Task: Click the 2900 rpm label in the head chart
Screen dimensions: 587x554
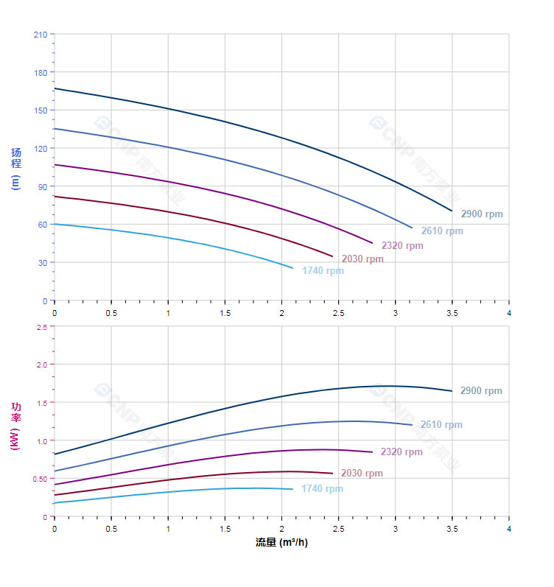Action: coord(482,214)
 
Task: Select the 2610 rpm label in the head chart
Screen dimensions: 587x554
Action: coord(442,231)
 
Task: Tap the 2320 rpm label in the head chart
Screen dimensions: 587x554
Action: coord(402,246)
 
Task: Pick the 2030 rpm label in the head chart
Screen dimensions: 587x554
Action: coord(362,259)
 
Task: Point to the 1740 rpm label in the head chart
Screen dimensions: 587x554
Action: coord(323,271)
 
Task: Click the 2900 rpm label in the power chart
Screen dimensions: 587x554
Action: coord(481,391)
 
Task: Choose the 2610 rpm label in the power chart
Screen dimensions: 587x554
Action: coord(441,425)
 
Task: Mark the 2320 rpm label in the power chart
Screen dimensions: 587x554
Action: coord(402,452)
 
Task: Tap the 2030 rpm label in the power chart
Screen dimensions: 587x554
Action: coord(362,474)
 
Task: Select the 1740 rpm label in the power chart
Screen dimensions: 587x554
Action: coord(322,489)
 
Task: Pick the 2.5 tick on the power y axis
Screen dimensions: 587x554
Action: coord(41,326)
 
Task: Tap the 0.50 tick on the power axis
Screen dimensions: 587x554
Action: coord(40,479)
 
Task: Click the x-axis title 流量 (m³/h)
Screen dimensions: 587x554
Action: coord(281,543)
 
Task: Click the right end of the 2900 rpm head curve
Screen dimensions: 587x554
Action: coord(452,211)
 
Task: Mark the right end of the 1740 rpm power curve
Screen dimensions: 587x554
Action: coord(292,489)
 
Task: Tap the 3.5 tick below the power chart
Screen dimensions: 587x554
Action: coord(452,529)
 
